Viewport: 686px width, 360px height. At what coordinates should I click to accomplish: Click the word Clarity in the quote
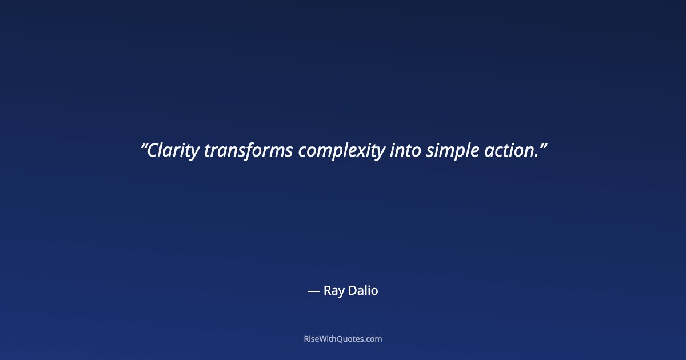pos(173,151)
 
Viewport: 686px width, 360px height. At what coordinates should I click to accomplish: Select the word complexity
pos(341,151)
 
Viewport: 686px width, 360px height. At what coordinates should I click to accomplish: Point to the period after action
pos(536,156)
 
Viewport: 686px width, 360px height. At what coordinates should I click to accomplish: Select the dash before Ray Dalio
pos(313,291)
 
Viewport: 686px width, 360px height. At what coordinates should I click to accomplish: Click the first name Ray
pos(334,291)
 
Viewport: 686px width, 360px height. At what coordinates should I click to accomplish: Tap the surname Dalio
pos(363,290)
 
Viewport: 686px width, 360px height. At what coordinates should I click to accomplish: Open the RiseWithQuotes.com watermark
pos(343,339)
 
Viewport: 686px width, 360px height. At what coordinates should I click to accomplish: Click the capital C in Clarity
pos(153,151)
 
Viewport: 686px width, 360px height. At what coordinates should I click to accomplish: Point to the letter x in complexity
pos(368,152)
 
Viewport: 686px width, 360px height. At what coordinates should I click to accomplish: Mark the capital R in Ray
pos(327,290)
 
